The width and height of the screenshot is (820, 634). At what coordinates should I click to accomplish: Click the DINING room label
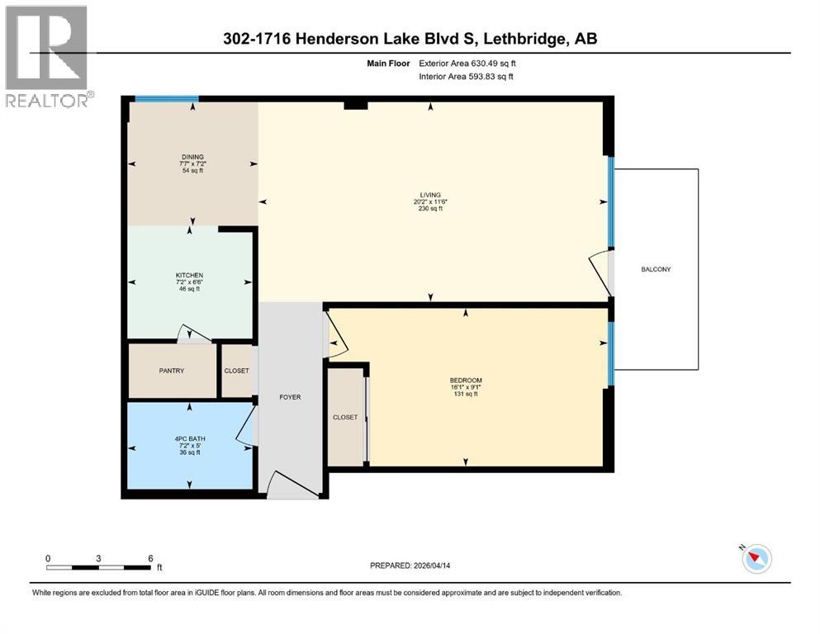tap(192, 157)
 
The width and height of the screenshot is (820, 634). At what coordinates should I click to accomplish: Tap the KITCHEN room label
tap(189, 275)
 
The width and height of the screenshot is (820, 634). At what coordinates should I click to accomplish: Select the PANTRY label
tap(172, 371)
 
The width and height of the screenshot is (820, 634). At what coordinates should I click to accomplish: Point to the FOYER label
tap(289, 397)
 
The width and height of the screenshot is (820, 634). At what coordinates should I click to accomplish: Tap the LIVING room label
tap(430, 195)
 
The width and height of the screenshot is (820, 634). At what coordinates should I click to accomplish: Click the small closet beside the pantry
tap(236, 371)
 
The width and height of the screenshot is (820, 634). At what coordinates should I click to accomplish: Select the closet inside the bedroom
tap(345, 418)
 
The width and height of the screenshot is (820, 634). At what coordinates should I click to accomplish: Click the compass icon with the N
tap(756, 559)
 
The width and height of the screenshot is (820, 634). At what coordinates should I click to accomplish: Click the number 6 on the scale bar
tap(150, 558)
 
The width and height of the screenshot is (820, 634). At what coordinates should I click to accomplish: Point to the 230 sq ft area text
tap(430, 210)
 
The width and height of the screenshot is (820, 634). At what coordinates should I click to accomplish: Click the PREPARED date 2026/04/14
tap(423, 565)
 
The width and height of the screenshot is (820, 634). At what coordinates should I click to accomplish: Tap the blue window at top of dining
tap(167, 99)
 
